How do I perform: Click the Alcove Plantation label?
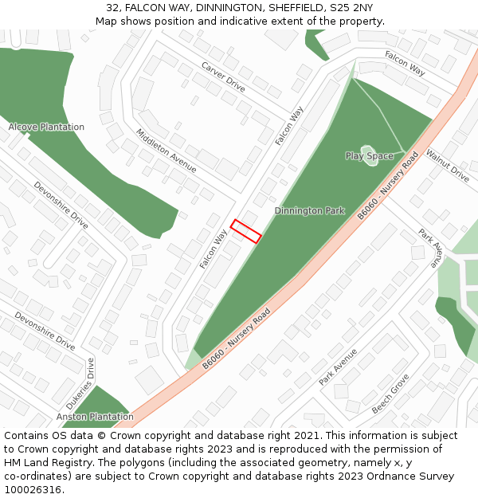point(46,127)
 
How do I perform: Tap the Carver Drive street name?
point(224,76)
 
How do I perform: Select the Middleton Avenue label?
point(166,151)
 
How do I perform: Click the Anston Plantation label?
point(95,417)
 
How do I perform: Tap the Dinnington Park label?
point(309,211)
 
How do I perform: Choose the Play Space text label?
point(369,156)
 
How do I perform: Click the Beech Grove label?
point(390,393)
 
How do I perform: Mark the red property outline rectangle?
point(245,231)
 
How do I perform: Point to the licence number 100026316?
point(33,490)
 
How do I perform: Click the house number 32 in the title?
point(112,8)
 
